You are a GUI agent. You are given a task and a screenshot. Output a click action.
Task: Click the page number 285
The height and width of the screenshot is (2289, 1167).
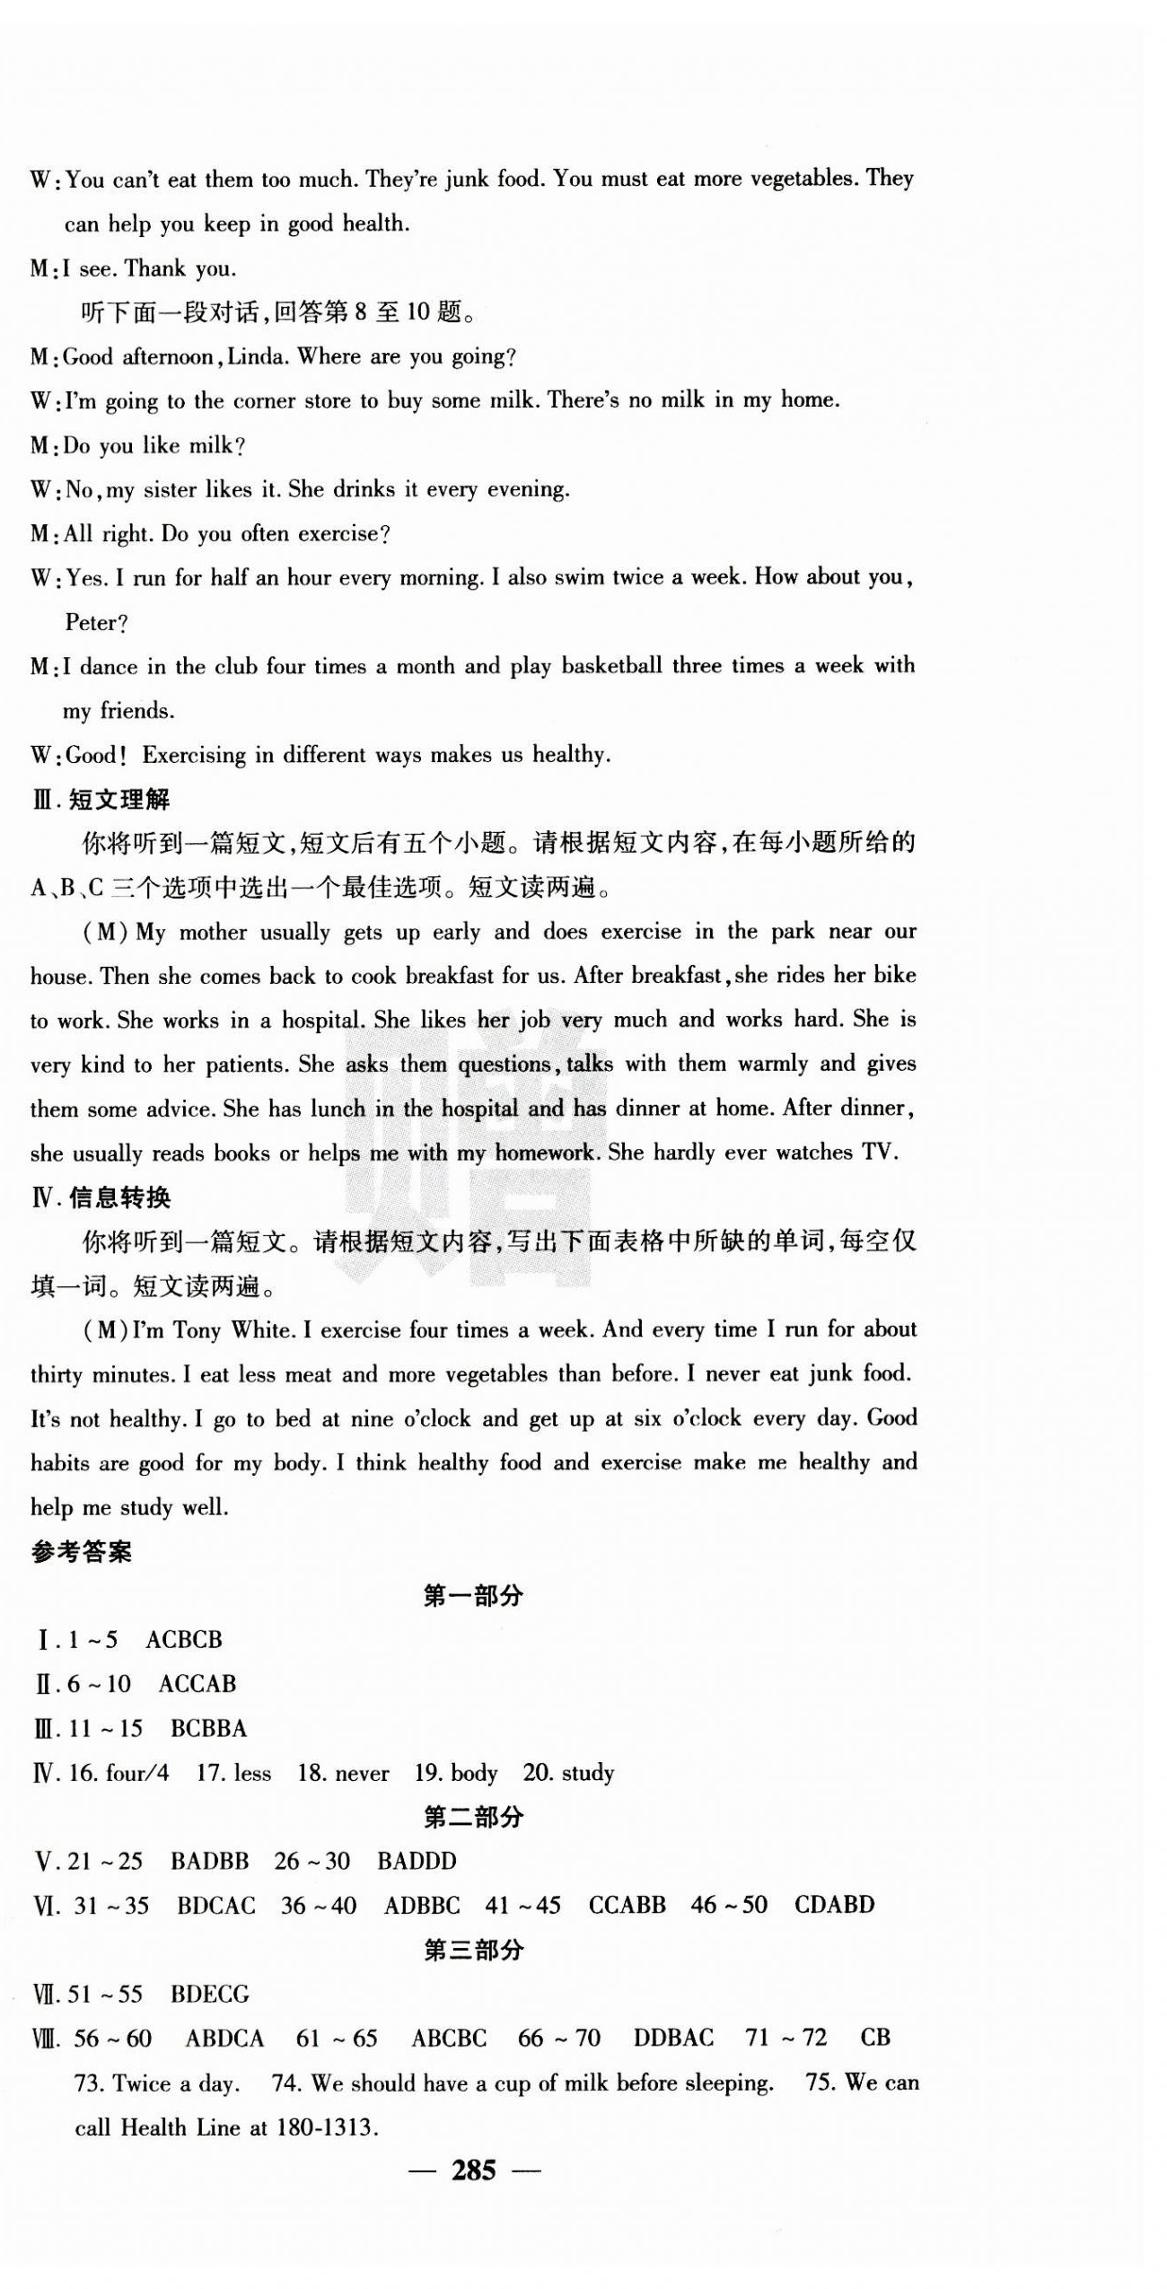[473, 2170]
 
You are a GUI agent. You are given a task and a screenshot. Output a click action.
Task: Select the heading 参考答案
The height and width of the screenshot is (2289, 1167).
[82, 1552]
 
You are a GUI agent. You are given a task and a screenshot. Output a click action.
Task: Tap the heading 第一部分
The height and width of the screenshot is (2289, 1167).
[473, 1595]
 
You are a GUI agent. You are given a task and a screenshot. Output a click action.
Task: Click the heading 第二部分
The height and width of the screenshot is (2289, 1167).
[473, 1817]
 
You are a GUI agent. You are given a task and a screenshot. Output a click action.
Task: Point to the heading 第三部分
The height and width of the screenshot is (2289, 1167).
[473, 1950]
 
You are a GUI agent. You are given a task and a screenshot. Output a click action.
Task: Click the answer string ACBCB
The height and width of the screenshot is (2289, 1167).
[183, 1640]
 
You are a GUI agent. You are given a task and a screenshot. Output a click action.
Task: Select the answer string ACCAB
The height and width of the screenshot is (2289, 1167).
[197, 1684]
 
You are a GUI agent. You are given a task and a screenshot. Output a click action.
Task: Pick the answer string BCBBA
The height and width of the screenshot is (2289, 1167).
[208, 1728]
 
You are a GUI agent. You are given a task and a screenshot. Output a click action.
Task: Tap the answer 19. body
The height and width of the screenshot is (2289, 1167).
[455, 1773]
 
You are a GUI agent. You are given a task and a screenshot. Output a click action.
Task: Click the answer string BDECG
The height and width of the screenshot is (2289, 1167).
[209, 1994]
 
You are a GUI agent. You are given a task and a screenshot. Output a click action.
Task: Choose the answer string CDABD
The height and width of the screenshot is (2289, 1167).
[834, 1905]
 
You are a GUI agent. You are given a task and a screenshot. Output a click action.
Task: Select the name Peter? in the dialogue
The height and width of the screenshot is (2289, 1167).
[96, 622]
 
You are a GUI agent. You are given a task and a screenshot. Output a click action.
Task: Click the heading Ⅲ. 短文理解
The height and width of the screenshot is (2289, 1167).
[101, 799]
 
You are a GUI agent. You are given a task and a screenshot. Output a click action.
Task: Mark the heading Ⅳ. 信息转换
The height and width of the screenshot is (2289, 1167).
[101, 1197]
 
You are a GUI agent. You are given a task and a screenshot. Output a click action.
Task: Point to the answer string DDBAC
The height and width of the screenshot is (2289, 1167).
[673, 2038]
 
